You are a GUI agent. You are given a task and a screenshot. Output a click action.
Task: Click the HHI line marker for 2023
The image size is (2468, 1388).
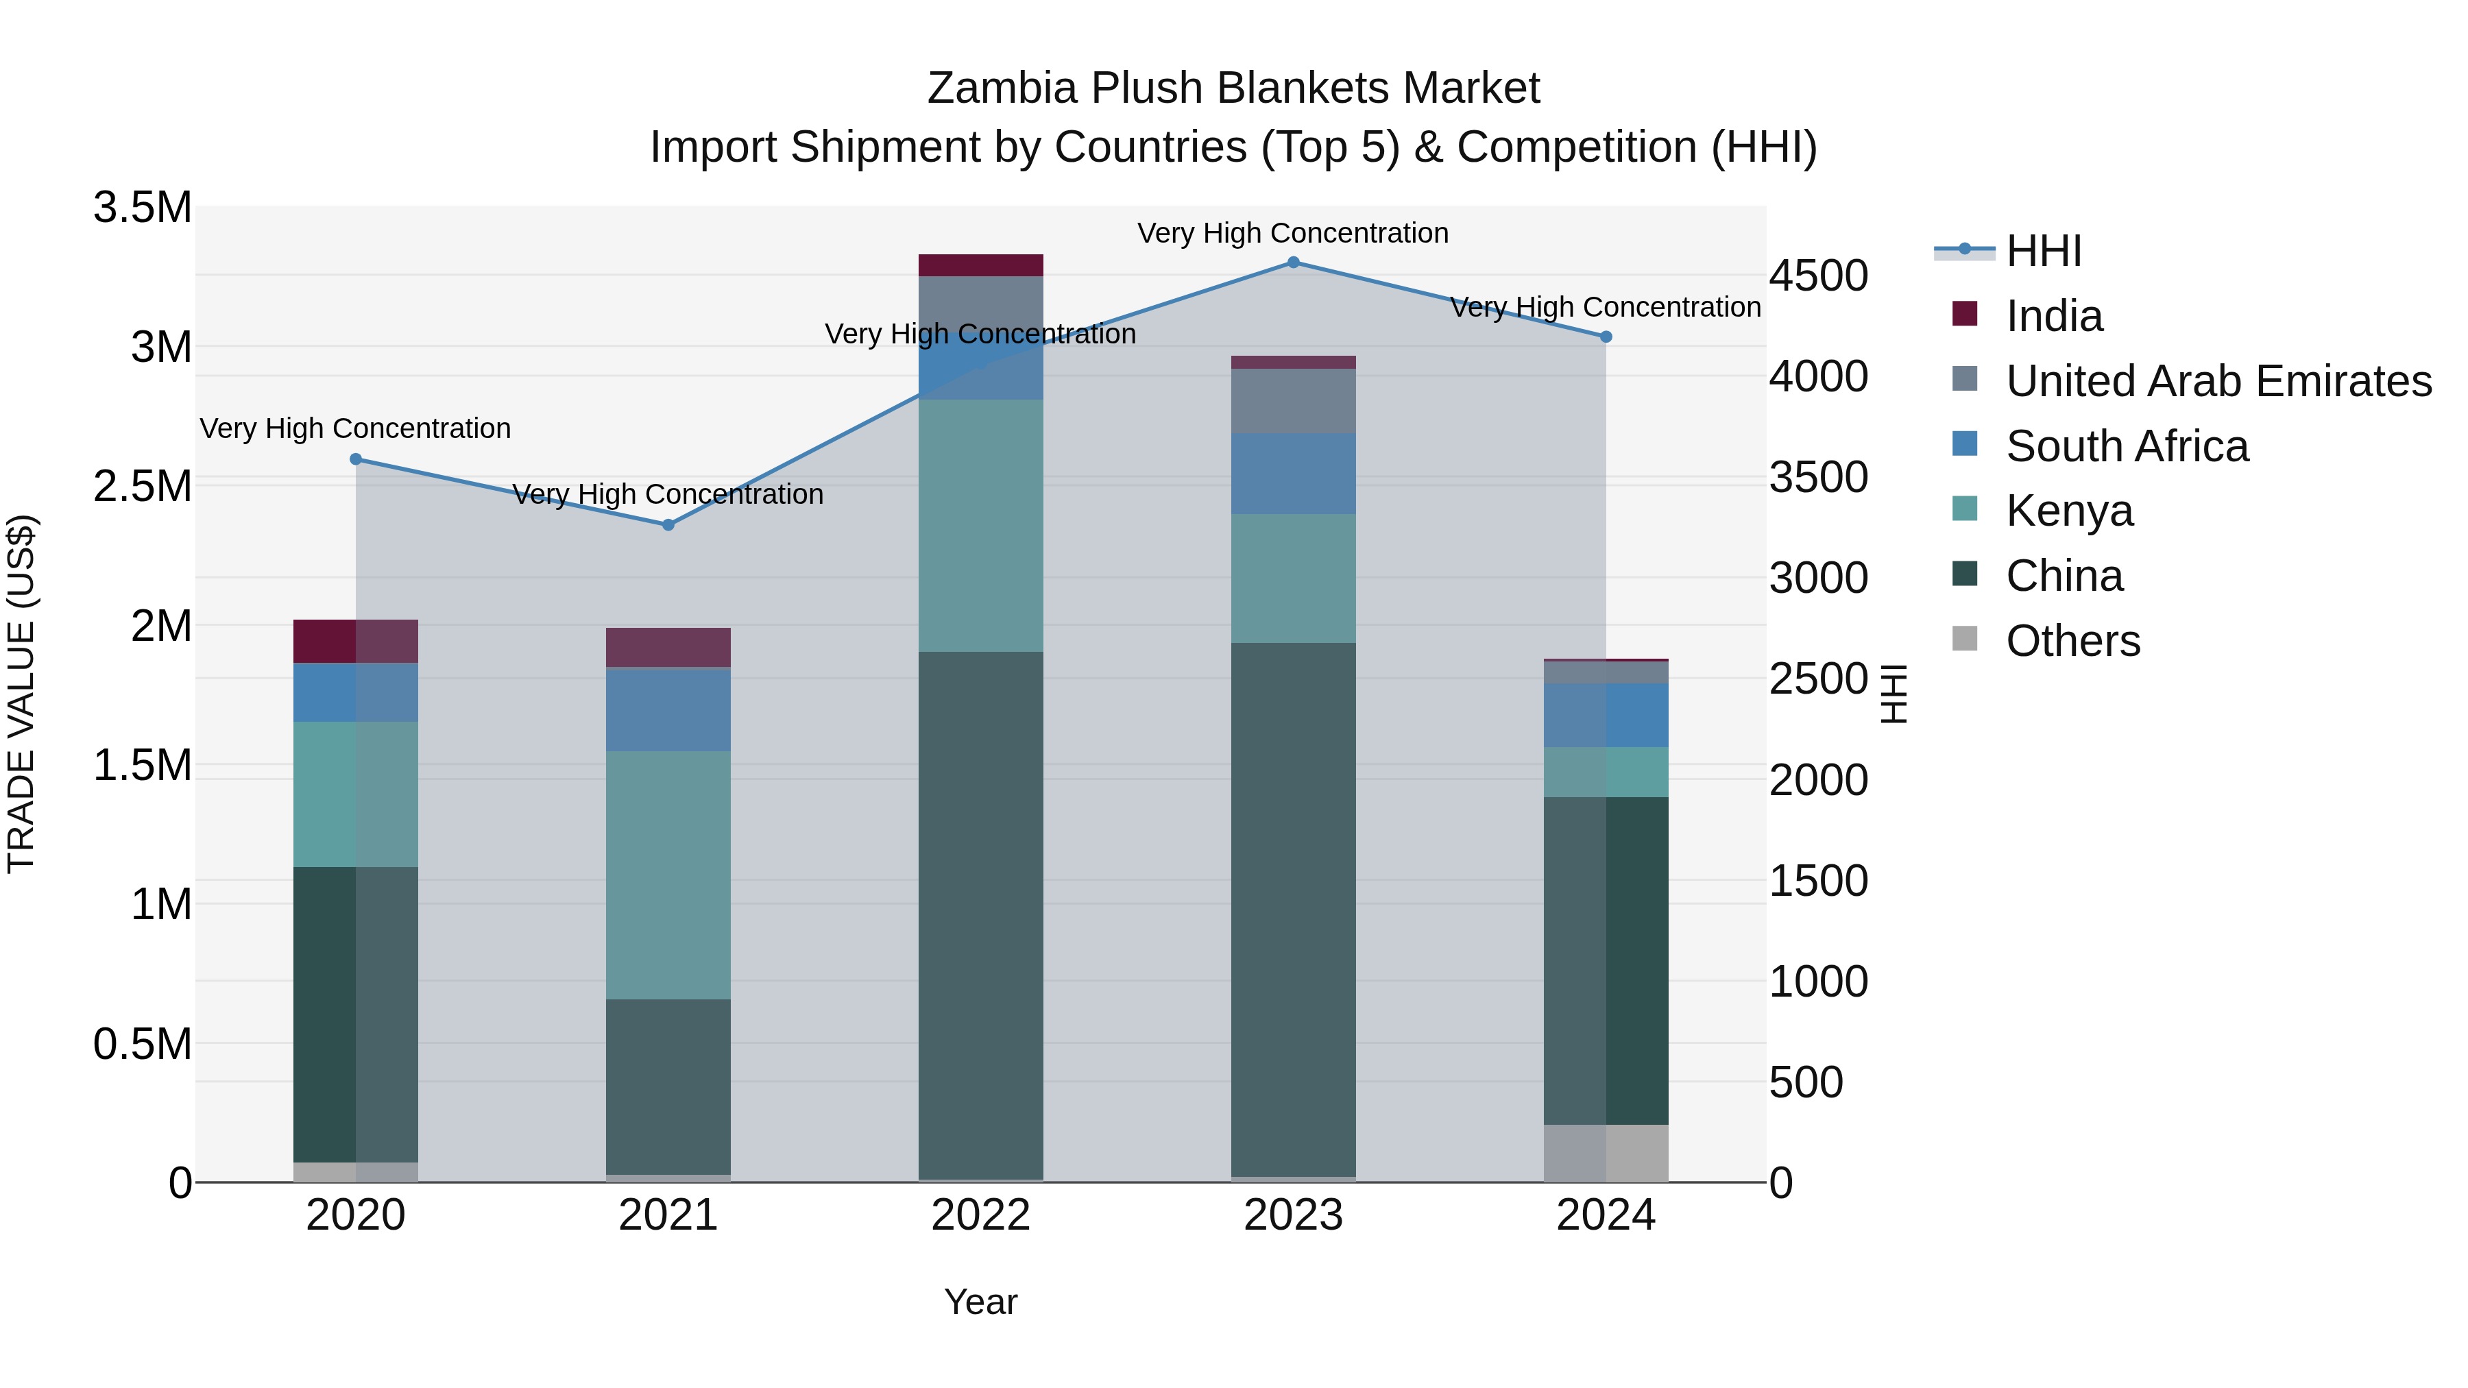(x=1294, y=263)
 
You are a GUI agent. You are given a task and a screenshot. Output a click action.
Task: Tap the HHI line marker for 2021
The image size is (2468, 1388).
(x=668, y=525)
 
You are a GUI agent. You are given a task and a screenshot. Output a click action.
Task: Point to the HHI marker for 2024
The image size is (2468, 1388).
(x=1607, y=337)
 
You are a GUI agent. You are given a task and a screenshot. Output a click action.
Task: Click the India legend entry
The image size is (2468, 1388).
(x=2054, y=316)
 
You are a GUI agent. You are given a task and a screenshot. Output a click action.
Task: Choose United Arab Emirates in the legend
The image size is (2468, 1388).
(x=2218, y=381)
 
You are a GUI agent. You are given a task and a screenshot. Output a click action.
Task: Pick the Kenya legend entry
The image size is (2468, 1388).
(x=2070, y=511)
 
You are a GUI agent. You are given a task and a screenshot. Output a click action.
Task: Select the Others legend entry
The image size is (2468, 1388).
(x=2072, y=641)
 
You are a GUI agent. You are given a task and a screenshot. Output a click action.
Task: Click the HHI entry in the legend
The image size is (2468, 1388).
(x=2044, y=251)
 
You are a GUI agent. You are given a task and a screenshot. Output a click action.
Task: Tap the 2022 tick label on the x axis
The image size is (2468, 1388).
(x=981, y=1215)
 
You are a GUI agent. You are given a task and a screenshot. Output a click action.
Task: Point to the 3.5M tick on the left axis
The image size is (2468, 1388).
(x=143, y=208)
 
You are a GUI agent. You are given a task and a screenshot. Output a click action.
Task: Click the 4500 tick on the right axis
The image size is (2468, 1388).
(x=1818, y=276)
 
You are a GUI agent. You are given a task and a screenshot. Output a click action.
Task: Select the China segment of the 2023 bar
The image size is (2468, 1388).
(x=1294, y=910)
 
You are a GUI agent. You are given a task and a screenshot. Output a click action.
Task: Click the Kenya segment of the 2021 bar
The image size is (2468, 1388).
(x=668, y=875)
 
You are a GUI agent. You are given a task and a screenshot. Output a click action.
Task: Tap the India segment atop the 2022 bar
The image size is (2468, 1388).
(x=981, y=265)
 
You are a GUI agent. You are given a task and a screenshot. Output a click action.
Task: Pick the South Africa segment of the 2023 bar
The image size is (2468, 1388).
(x=1294, y=474)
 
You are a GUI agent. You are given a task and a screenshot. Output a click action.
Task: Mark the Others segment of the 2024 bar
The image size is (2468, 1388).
(x=1607, y=1154)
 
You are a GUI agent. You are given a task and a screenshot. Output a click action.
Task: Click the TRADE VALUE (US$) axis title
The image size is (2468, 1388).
(x=21, y=694)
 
